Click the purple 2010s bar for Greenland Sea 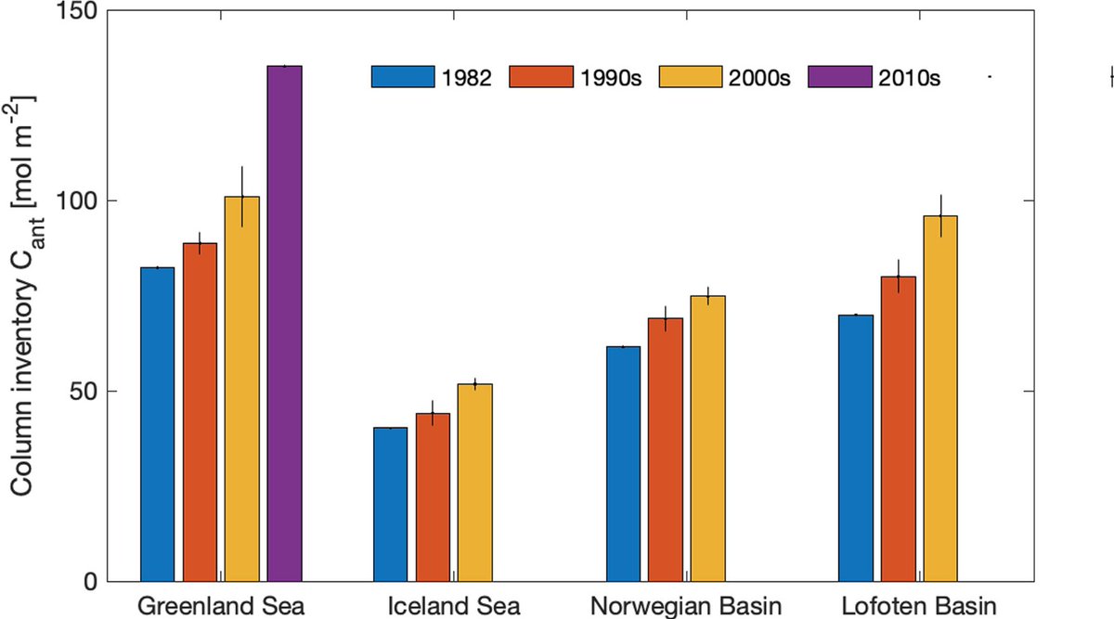coord(284,324)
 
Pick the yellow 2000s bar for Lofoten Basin coord(939,398)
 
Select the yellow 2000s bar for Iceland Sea coord(475,483)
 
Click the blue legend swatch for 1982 coord(403,77)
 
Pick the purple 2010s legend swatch coord(840,77)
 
